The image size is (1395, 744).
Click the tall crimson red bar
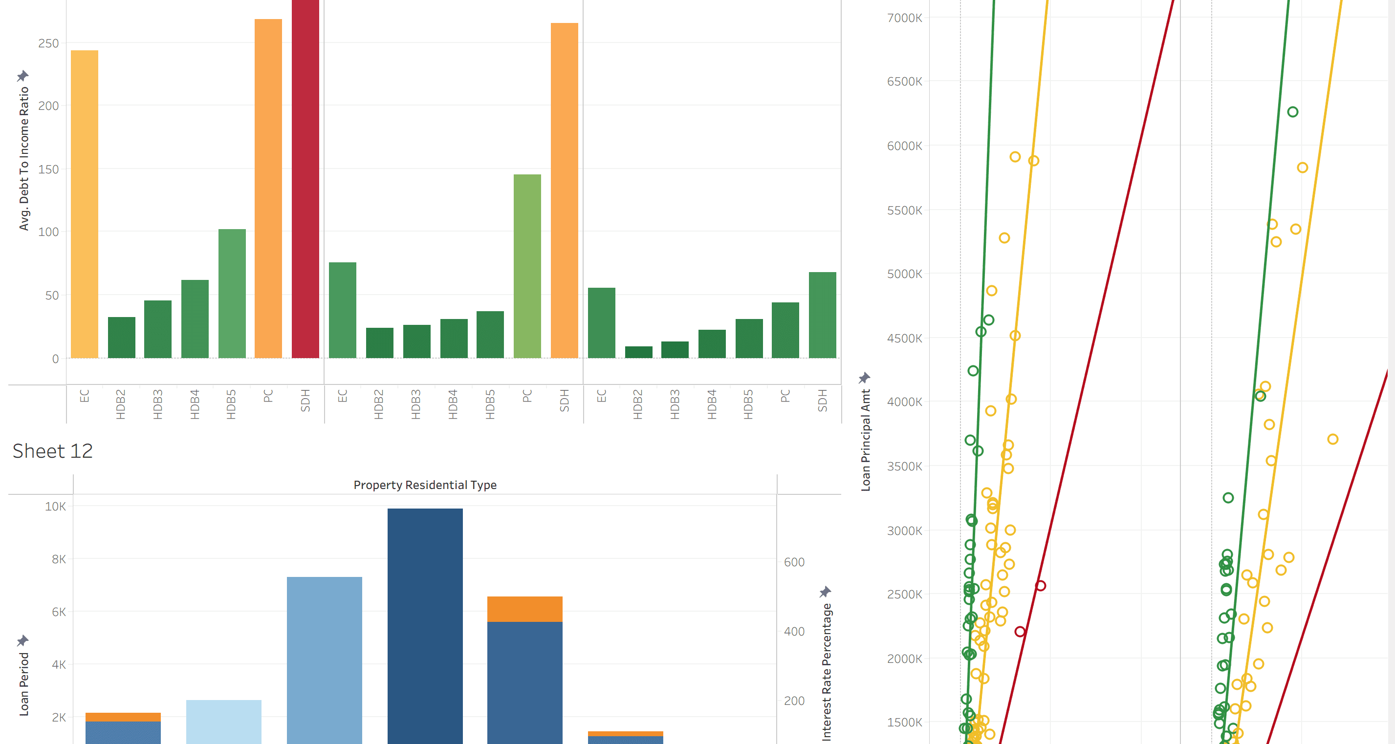pos(305,179)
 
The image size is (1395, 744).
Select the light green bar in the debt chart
pos(527,266)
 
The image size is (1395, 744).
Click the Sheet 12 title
pos(52,451)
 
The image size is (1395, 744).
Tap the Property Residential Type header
pos(425,485)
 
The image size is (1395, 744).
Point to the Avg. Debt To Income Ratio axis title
pos(24,159)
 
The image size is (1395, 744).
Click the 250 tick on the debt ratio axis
pos(48,43)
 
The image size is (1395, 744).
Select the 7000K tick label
pos(904,18)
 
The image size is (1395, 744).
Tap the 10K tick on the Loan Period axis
pos(55,507)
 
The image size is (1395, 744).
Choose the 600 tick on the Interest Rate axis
pos(794,562)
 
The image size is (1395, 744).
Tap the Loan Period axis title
pos(24,684)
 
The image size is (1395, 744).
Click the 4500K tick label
pos(904,338)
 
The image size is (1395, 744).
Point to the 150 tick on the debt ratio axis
pos(48,170)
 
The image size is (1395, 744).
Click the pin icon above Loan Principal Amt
pos(864,377)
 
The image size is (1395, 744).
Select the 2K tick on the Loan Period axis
pos(59,718)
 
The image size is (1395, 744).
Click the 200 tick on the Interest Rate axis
pos(794,701)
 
